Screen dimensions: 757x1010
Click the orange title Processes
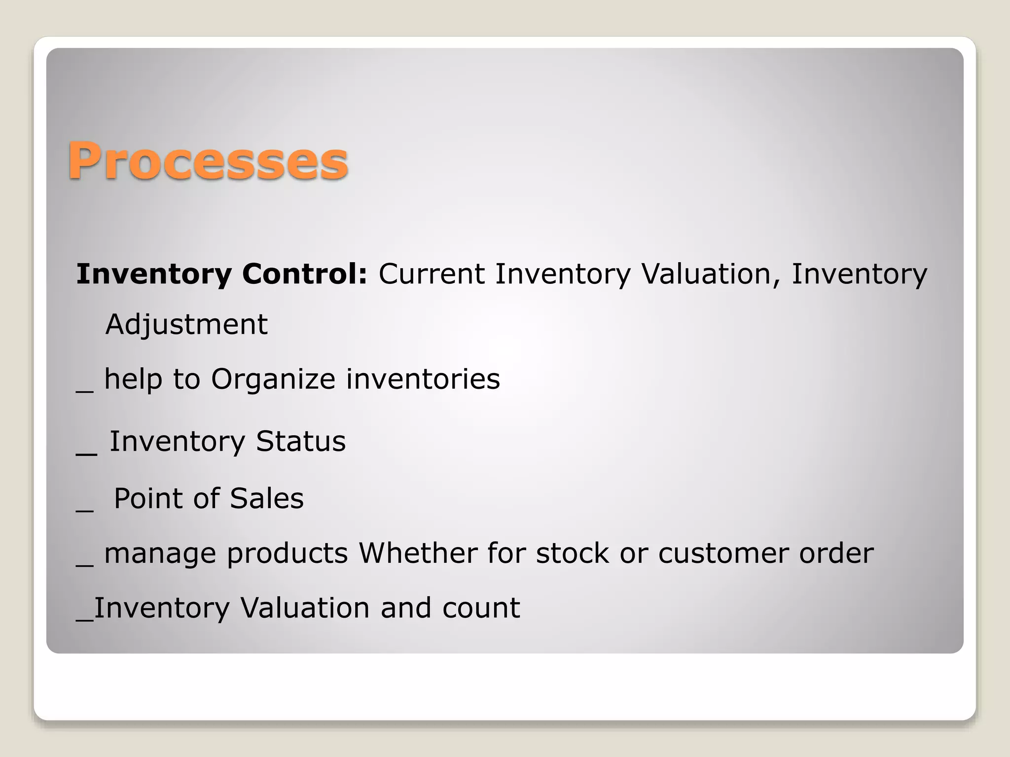pyautogui.click(x=208, y=161)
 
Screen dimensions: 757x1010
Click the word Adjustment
pyautogui.click(x=186, y=324)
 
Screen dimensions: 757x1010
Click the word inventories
pyautogui.click(x=423, y=379)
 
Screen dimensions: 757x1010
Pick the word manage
pyautogui.click(x=160, y=554)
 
